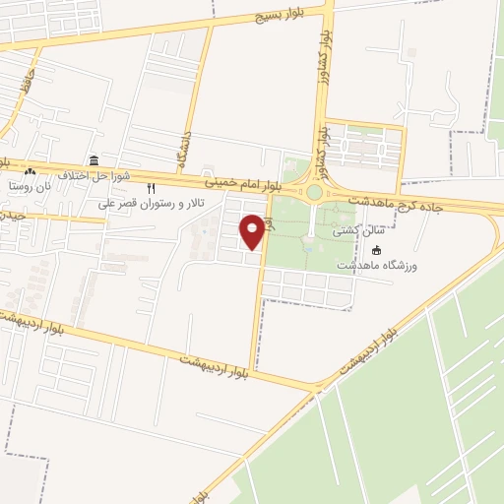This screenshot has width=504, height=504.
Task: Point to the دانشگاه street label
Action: [x=185, y=149]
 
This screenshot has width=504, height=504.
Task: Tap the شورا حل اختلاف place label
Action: [x=80, y=175]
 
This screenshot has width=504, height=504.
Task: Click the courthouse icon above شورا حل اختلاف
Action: [x=94, y=160]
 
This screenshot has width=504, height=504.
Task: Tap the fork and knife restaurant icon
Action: [x=151, y=188]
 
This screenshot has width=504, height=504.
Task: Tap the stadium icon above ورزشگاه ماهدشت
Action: [x=378, y=250]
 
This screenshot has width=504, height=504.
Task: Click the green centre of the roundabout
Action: [x=314, y=193]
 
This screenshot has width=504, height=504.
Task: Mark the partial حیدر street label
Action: [x=12, y=215]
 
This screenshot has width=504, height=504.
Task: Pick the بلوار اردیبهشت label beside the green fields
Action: [x=369, y=350]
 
